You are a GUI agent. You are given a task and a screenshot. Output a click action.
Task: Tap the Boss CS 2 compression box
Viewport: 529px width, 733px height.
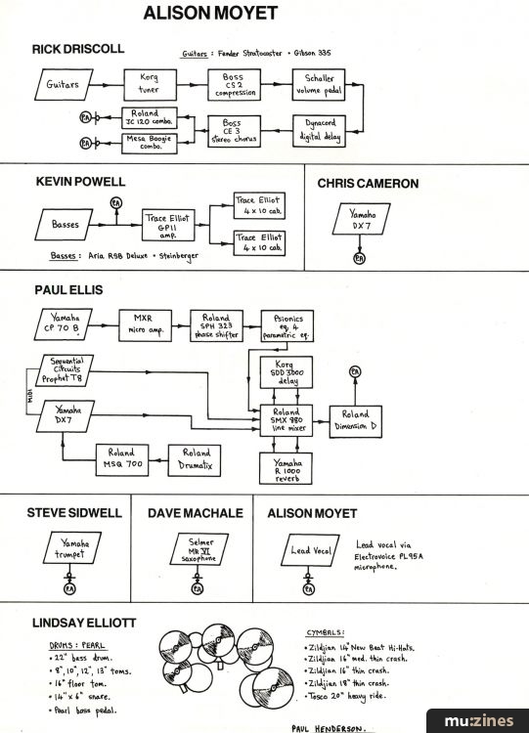235,84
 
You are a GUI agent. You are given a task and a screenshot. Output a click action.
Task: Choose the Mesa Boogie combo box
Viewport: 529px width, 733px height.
150,144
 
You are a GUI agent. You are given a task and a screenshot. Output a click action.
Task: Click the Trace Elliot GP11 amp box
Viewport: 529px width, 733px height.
169,226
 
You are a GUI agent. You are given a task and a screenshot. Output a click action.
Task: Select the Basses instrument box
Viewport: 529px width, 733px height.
71,225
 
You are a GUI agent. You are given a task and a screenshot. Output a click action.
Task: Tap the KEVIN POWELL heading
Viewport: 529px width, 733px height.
82,183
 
